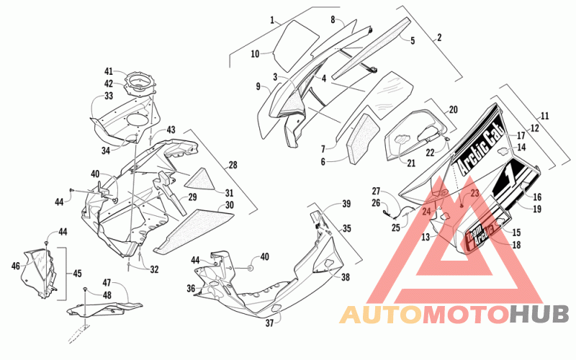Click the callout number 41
click(109, 71)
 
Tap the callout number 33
click(109, 96)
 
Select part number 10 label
click(256, 54)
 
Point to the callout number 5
click(413, 40)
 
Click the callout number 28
click(233, 165)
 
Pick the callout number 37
click(269, 323)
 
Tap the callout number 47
click(107, 283)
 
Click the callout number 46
click(15, 266)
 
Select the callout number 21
click(411, 163)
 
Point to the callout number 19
click(537, 209)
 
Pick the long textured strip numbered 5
click(371, 48)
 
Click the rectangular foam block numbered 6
click(363, 138)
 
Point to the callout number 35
click(347, 228)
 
